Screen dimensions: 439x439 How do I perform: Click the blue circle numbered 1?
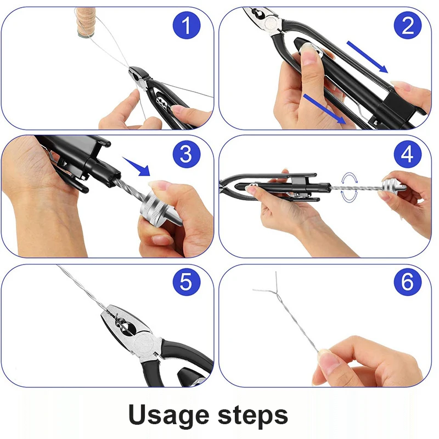coord(187,25)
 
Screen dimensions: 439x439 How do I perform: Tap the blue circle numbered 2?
coord(408,25)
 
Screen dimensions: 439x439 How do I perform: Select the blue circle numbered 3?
coord(187,154)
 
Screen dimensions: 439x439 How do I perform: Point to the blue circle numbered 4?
coord(408,154)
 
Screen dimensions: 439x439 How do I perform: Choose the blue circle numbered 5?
coord(187,282)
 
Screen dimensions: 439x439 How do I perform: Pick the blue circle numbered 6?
coord(408,282)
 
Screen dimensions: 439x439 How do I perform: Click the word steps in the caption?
coord(253,415)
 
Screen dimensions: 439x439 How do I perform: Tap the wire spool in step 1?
coord(86,22)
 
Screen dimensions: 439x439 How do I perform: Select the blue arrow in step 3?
coord(137,166)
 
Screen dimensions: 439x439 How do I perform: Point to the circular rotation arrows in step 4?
coord(349,187)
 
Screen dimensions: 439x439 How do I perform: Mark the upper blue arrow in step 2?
coord(367,57)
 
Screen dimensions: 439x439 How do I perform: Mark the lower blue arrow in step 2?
coord(325,109)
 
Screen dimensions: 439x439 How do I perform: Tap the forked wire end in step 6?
coord(268,285)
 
